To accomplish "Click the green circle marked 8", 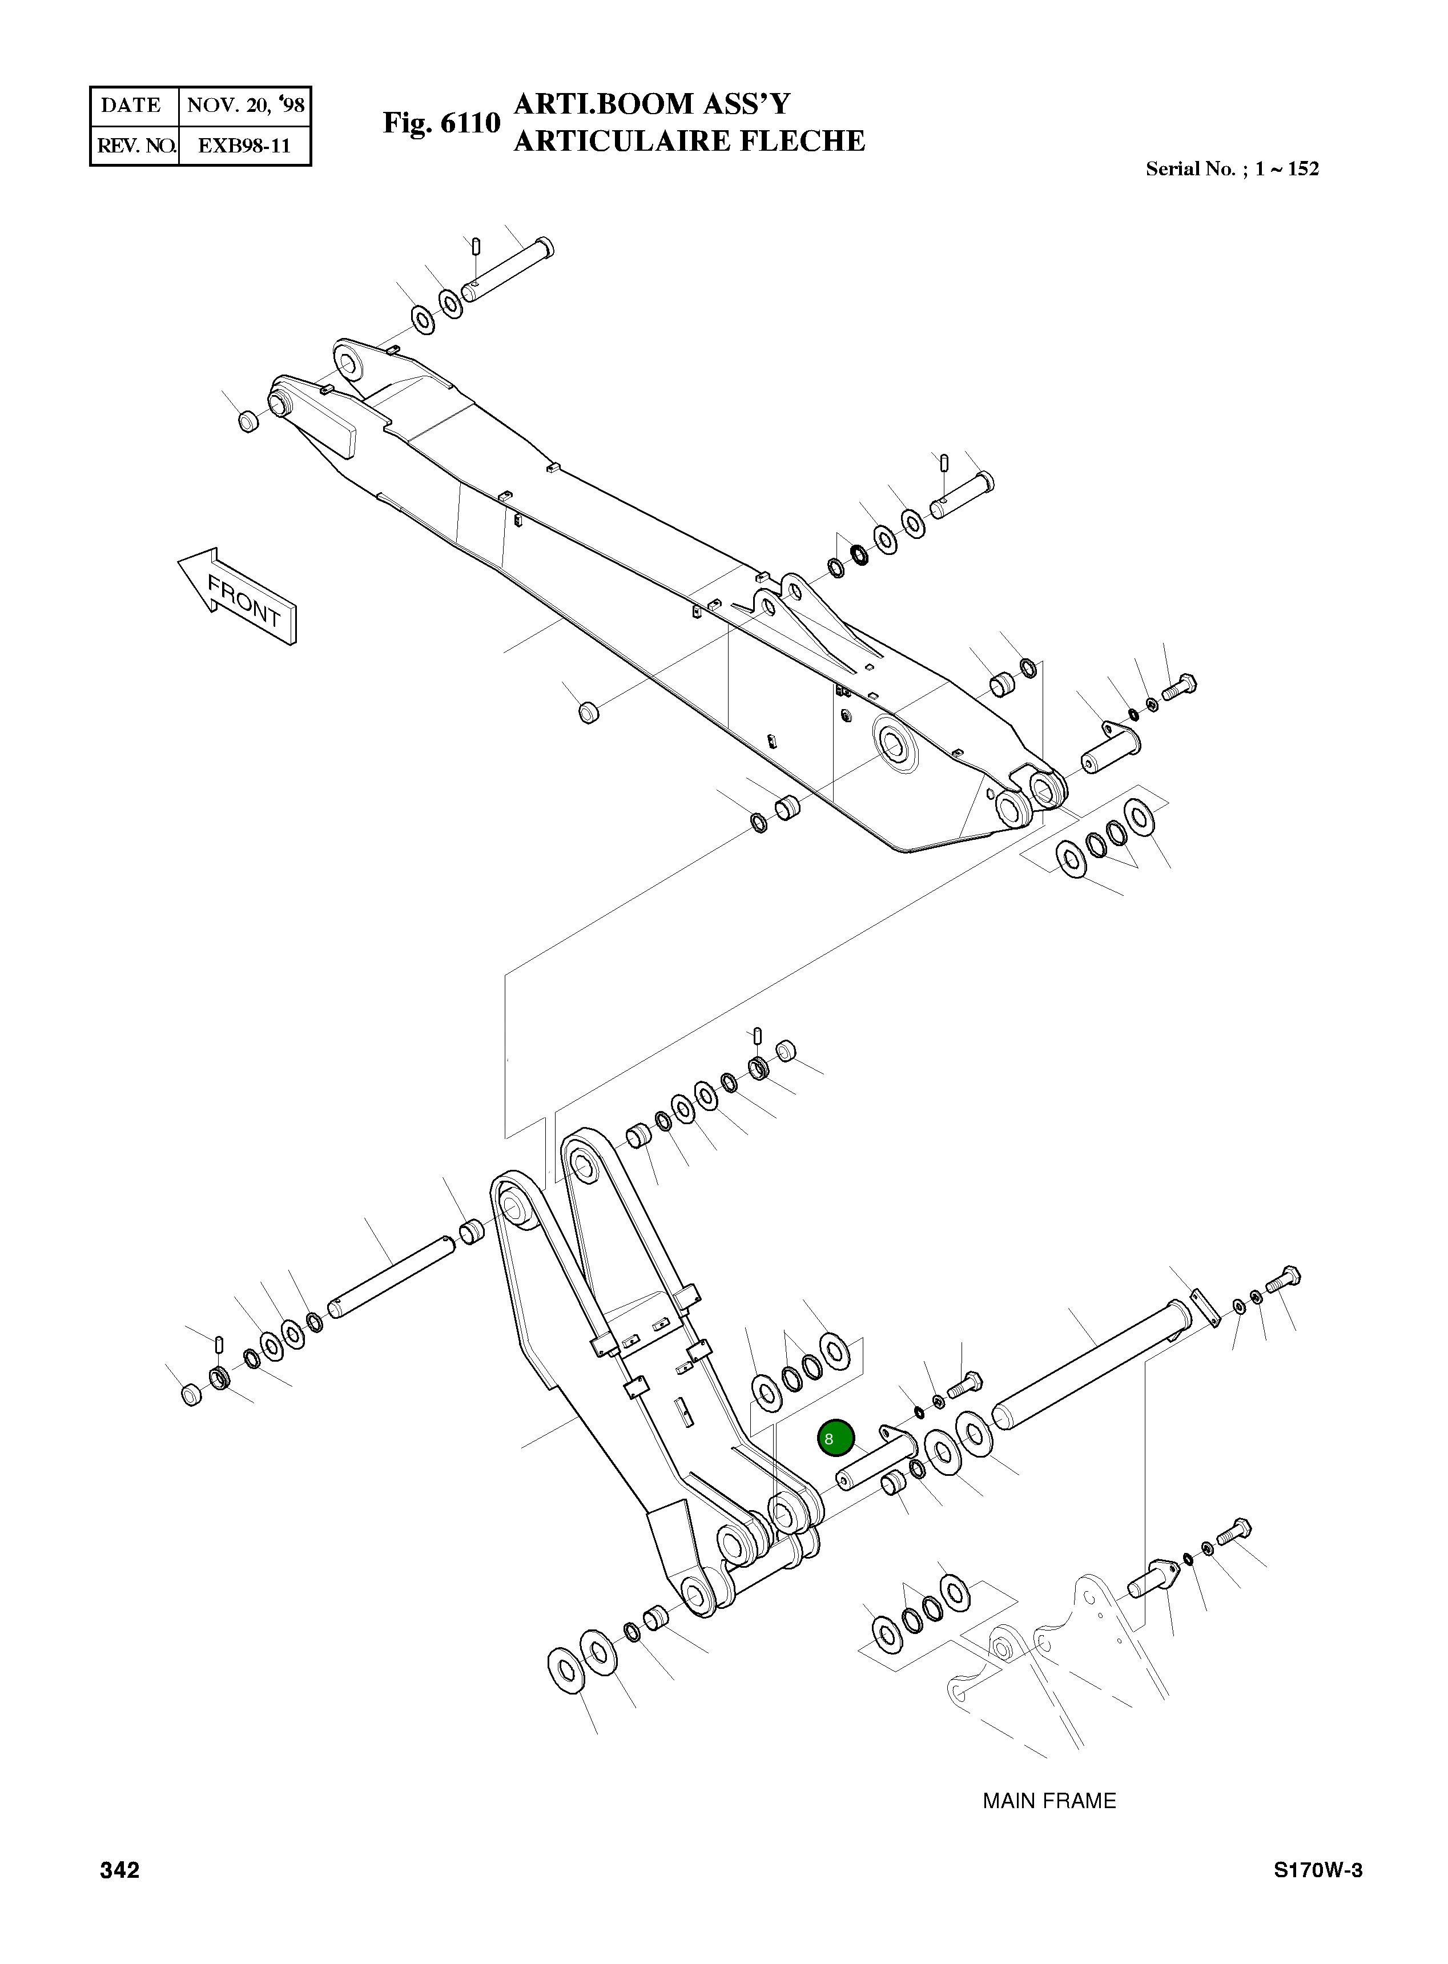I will [x=834, y=1438].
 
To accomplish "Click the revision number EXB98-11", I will [x=244, y=146].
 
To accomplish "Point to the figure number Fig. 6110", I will [x=441, y=123].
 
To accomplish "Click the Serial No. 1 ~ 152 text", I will [x=1232, y=169].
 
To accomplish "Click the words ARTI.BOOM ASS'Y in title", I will [x=651, y=104].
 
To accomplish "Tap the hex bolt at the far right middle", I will [x=1181, y=685].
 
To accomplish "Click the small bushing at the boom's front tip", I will [x=248, y=421].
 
